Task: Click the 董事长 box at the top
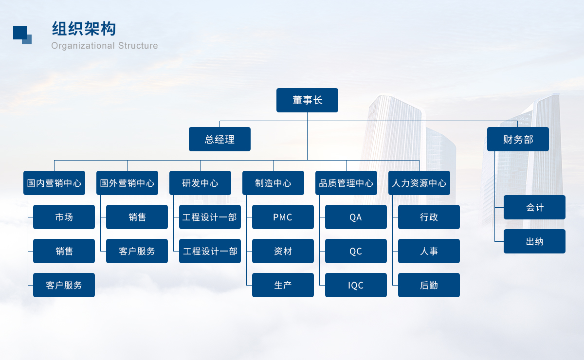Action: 307,100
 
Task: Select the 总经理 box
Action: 219,139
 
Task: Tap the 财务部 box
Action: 518,139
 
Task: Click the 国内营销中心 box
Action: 54,183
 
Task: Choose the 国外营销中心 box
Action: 127,183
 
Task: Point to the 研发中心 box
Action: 200,183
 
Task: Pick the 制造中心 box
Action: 273,183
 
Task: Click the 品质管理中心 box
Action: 346,183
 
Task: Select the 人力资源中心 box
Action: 419,183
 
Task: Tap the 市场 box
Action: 64,217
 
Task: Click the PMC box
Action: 283,217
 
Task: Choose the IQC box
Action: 356,285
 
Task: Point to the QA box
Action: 356,217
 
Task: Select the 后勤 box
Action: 429,285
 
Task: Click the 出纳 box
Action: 534,241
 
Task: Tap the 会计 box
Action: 534,207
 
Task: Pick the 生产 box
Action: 283,285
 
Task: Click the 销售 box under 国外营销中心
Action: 137,217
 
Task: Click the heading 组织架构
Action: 84,28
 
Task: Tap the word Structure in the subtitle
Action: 138,46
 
